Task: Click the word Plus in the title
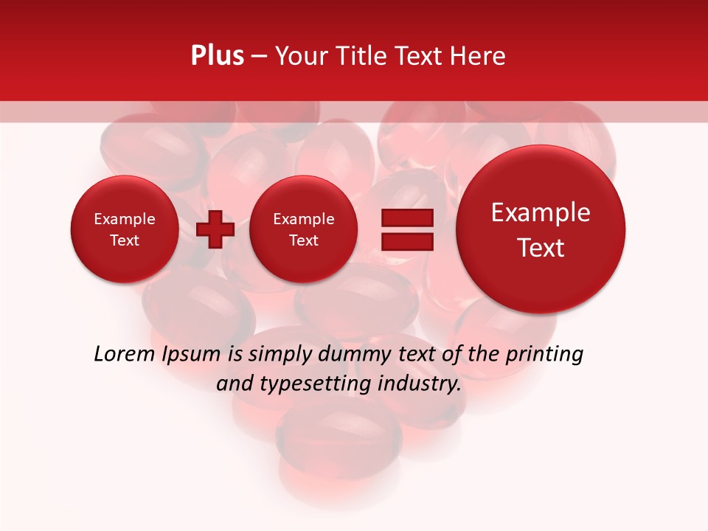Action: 217,56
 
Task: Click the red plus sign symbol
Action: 215,229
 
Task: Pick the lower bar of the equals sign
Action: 406,241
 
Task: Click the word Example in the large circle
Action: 541,212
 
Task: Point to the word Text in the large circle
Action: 541,248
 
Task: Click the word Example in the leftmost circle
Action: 124,219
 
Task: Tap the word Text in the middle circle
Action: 303,240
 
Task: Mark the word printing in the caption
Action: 544,355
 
